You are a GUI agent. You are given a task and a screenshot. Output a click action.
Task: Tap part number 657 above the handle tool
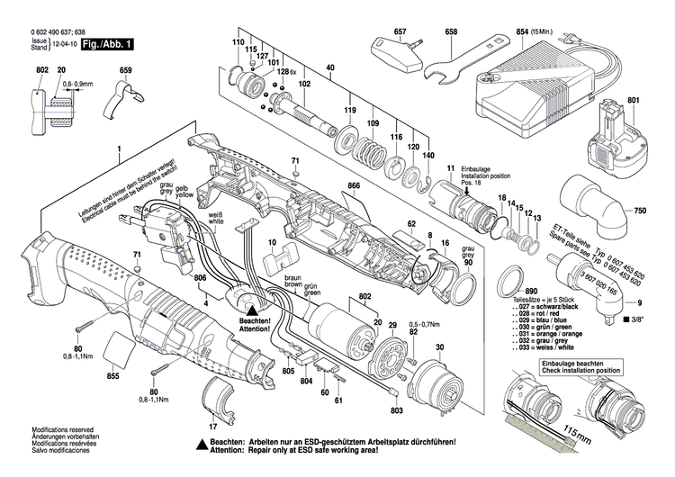400,32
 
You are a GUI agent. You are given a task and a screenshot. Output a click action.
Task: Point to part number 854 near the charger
521,32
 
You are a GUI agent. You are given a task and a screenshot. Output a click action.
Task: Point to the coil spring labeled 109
367,145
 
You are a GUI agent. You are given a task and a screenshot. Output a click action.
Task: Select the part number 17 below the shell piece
212,425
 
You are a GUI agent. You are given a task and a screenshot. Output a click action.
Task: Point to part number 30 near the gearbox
440,347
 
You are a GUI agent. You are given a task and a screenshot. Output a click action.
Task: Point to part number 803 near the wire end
396,409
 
